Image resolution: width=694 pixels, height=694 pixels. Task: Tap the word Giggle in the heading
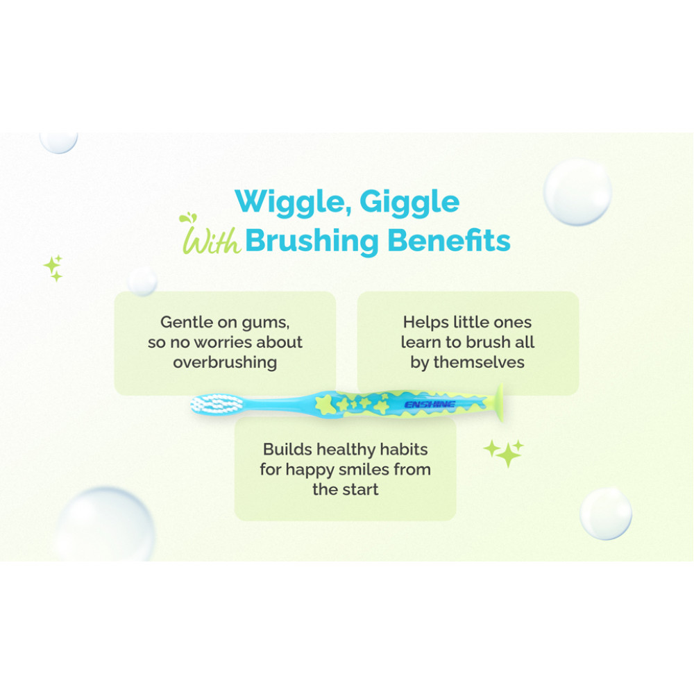point(409,203)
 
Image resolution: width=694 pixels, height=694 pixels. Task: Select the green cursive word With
point(210,235)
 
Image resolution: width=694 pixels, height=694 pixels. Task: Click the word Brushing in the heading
point(312,242)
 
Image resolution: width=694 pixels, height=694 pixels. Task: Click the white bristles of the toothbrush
point(217,404)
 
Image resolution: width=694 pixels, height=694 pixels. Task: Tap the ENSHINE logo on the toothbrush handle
point(430,405)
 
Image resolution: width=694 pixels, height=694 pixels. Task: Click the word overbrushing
point(225,362)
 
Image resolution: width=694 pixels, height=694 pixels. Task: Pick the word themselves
point(479,362)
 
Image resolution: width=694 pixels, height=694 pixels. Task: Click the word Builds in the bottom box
point(287,449)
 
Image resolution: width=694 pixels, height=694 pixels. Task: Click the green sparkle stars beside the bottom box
point(504,452)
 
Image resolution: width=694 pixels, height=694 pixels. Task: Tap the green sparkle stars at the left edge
point(53,268)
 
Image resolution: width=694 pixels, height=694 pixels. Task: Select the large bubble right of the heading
point(577,192)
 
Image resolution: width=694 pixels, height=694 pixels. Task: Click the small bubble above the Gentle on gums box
point(142,280)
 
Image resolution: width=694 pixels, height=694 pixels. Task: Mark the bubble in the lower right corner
point(605,514)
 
